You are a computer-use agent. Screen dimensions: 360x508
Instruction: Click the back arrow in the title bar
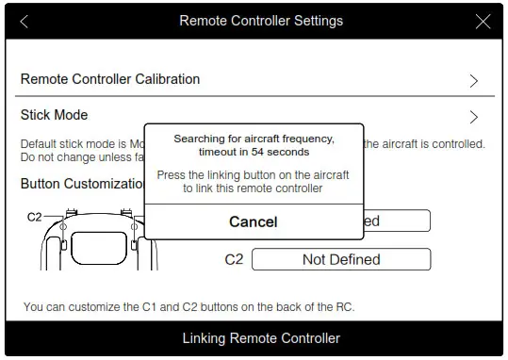tap(24, 21)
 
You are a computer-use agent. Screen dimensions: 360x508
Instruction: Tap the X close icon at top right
tap(483, 21)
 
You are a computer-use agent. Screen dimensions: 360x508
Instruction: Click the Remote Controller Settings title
tap(261, 21)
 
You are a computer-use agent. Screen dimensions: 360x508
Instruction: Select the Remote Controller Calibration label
tap(110, 79)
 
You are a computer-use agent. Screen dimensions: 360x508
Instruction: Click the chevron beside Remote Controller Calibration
tap(474, 81)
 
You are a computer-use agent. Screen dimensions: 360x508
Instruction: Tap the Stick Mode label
tap(55, 115)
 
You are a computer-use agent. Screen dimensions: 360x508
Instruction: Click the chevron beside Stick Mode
tap(474, 118)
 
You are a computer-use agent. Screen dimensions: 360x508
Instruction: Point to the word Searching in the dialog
tap(200, 139)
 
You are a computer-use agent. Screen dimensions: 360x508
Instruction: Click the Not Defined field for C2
tap(341, 259)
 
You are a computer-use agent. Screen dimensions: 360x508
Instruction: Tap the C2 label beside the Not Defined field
tap(234, 259)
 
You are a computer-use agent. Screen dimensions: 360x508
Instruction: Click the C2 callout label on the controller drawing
tap(34, 217)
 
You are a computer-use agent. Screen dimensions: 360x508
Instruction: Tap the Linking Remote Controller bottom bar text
tap(261, 337)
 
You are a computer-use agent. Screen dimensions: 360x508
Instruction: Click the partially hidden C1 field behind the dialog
tap(396, 221)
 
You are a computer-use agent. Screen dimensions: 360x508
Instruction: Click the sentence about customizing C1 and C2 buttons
tap(188, 307)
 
